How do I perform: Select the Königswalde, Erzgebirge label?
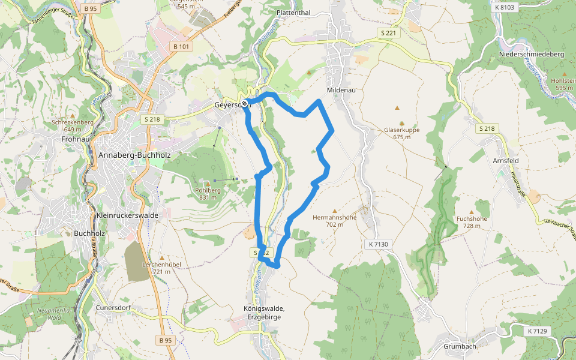[x=265, y=313]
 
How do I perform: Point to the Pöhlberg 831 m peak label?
[x=208, y=193]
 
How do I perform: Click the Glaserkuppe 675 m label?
[x=401, y=133]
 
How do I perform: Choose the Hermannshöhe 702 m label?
[x=335, y=221]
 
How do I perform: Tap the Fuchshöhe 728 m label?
[x=472, y=222]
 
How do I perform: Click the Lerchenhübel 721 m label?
[x=161, y=268]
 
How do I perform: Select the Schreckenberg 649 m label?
[x=73, y=125]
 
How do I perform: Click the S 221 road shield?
[x=388, y=33]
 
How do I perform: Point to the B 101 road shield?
[x=181, y=46]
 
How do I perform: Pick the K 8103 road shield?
[x=505, y=7]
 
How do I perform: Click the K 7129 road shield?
[x=538, y=331]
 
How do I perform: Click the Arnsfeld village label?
[x=505, y=161]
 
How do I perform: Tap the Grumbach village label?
[x=460, y=346]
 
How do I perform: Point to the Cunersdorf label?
[x=113, y=308]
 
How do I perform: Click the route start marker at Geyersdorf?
[x=245, y=103]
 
